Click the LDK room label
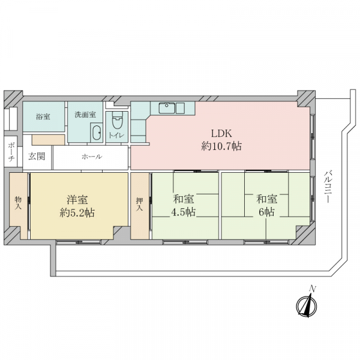coord(221,133)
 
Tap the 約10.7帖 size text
coord(221,146)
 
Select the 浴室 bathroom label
coord(43,116)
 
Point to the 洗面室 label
coord(85,115)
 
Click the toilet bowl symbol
coord(118,120)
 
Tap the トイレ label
coord(116,136)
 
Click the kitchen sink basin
coord(167,108)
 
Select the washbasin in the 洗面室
coord(97,133)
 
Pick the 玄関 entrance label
coord(37,157)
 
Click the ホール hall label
coord(92,157)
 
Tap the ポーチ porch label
coord(11,152)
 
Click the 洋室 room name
coord(77,200)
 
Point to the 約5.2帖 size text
coord(77,213)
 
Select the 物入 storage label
coord(18,203)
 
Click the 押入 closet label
coord(139,205)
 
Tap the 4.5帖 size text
coord(184,212)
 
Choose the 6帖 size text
coord(266,212)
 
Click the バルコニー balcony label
coord(328,187)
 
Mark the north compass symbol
coord(307,306)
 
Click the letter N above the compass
coord(312,289)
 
